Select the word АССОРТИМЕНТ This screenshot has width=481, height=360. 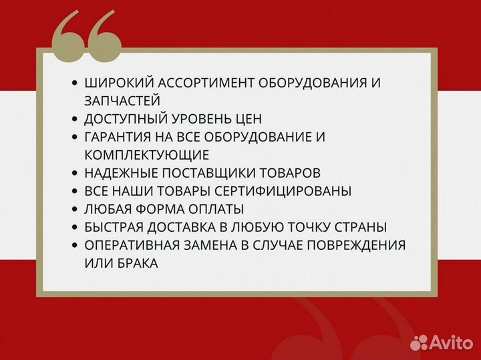(x=196, y=83)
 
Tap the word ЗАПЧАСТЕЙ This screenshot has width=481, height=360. (x=122, y=101)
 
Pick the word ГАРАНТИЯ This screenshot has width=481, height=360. (x=118, y=137)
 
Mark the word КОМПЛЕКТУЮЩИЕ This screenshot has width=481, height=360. (x=147, y=155)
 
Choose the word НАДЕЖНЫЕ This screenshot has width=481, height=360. (x=118, y=173)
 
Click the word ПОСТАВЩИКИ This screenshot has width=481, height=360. (x=202, y=173)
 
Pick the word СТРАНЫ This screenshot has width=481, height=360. (x=362, y=227)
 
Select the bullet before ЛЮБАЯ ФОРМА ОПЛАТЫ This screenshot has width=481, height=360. (x=74, y=209)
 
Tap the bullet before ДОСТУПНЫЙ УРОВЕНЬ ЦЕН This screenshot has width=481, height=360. (x=74, y=119)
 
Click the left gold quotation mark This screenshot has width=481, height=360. (x=69, y=35)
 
